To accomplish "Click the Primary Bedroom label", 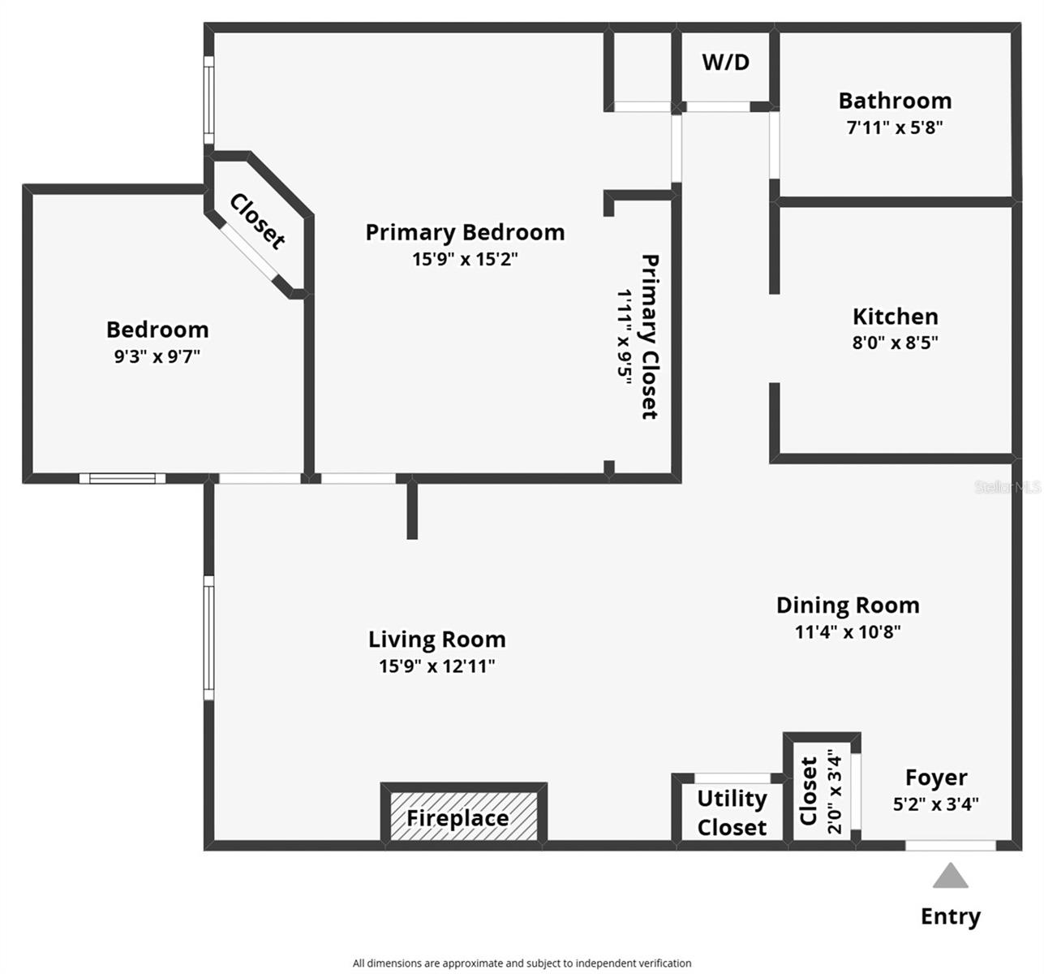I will [x=465, y=232].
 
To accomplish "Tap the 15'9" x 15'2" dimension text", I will [x=465, y=260].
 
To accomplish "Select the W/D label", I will [x=725, y=62].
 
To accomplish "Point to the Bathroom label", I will [x=895, y=101].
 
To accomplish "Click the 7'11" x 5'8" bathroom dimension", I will [x=895, y=127].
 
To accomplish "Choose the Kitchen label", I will [x=895, y=317].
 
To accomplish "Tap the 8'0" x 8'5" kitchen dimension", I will [x=895, y=343].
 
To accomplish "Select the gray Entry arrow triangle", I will [x=950, y=877].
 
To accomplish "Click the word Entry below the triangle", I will [x=950, y=916].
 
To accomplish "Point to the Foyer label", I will [x=936, y=778].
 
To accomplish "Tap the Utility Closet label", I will [x=732, y=812].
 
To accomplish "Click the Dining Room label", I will [x=848, y=606].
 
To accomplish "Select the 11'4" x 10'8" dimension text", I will [x=848, y=631].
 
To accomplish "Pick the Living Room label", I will [x=436, y=640].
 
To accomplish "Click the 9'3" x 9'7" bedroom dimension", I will [x=157, y=356].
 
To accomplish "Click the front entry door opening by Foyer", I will [x=950, y=846].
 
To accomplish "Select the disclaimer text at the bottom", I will [x=522, y=963].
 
